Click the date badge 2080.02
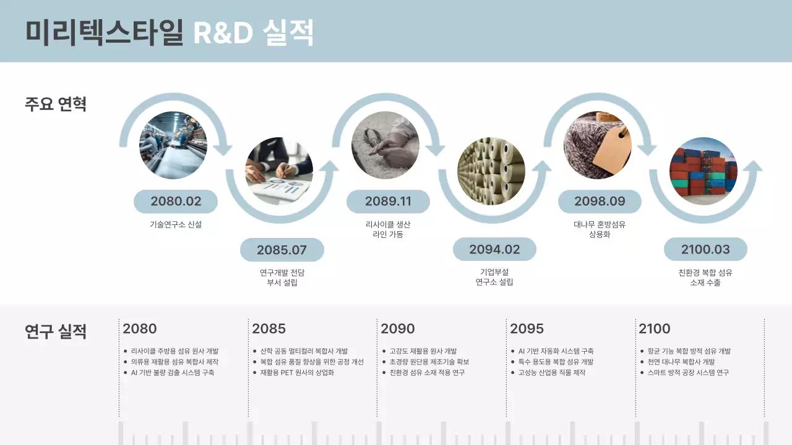click(x=176, y=201)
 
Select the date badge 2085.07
click(x=282, y=250)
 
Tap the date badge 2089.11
click(x=388, y=201)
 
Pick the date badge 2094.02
click(x=494, y=250)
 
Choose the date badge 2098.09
click(x=600, y=201)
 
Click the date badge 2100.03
click(x=705, y=250)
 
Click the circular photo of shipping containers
click(x=704, y=171)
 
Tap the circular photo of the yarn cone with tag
click(x=597, y=145)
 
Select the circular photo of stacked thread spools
click(x=491, y=171)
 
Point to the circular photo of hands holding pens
click(x=279, y=171)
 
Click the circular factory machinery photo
click(x=173, y=145)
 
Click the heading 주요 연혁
click(x=56, y=104)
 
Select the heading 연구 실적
click(x=56, y=332)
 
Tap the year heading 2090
click(x=398, y=329)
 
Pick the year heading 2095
click(x=527, y=329)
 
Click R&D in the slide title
click(x=223, y=33)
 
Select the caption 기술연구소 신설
click(x=176, y=225)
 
